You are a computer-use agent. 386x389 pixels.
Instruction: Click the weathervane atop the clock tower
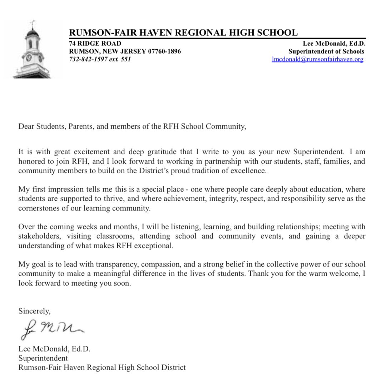click(x=33, y=24)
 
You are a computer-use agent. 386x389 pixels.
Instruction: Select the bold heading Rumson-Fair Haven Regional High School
click(x=183, y=33)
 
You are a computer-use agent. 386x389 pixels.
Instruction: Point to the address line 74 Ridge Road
click(x=95, y=44)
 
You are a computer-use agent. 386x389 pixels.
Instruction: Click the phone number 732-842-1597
click(x=89, y=59)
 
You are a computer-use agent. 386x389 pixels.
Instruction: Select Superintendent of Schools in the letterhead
click(x=326, y=51)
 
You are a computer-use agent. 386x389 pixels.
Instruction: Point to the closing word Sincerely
click(x=34, y=311)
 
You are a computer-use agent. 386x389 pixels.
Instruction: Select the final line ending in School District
click(x=102, y=367)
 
